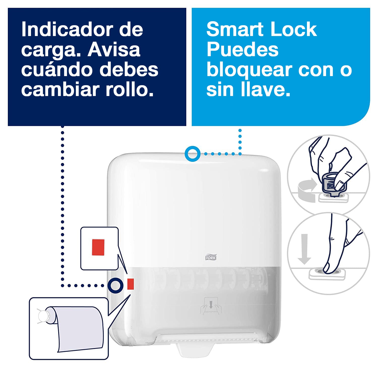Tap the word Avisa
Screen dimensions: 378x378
pyautogui.click(x=114, y=50)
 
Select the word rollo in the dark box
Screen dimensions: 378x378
pyautogui.click(x=130, y=89)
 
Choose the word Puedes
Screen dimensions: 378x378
pyautogui.click(x=242, y=50)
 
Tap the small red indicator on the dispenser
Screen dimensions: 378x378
pyautogui.click(x=130, y=284)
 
